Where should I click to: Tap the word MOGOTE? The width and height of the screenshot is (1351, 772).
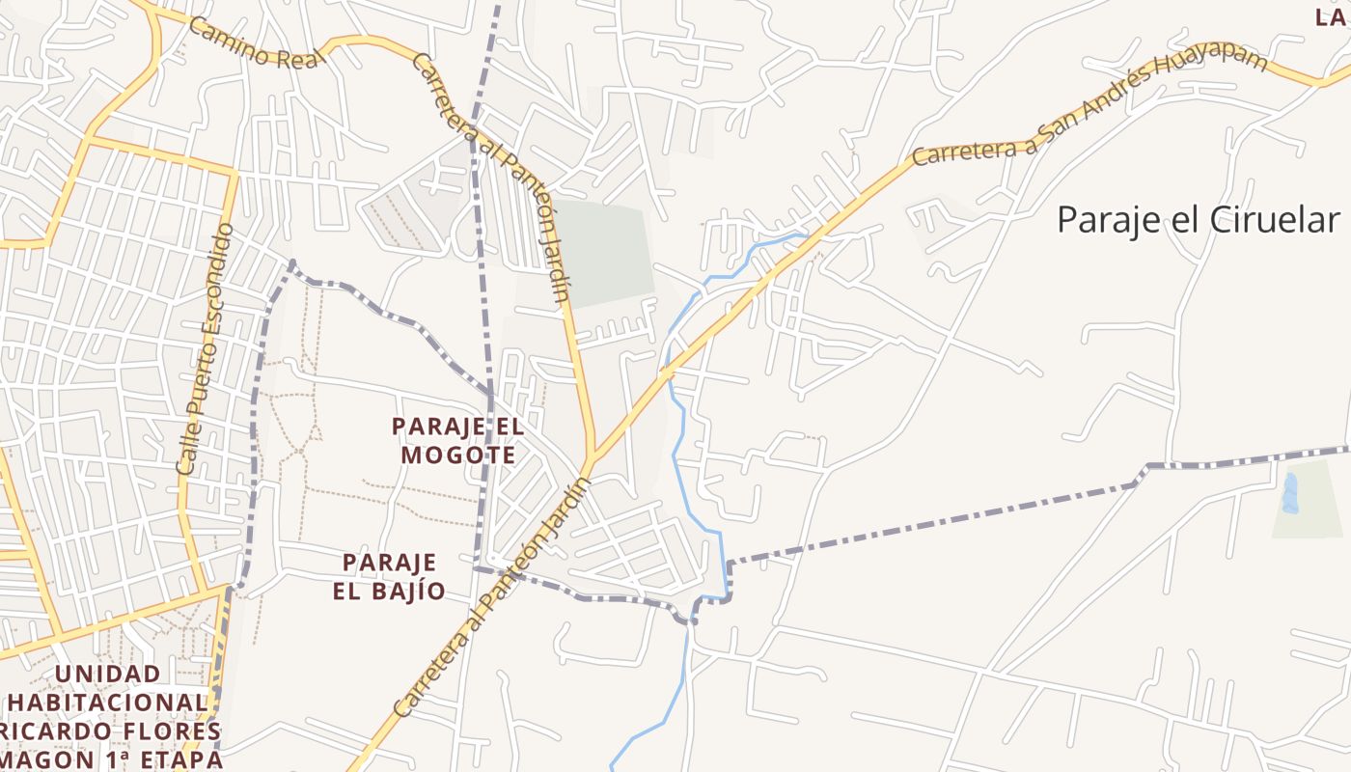458,454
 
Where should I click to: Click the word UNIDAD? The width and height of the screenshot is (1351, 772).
109,674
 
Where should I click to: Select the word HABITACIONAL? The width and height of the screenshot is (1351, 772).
111,703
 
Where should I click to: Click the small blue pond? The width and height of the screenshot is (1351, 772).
1290,493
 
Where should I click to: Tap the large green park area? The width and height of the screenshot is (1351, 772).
603,253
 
